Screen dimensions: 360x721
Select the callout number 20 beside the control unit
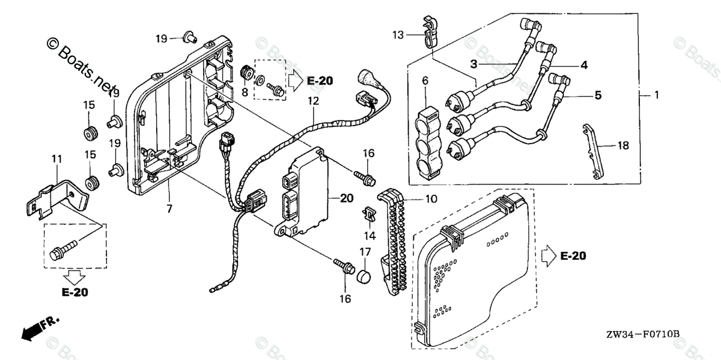point(347,198)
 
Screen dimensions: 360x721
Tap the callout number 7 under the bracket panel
point(169,208)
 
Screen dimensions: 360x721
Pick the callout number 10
point(431,199)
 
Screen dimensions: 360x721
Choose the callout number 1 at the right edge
point(657,95)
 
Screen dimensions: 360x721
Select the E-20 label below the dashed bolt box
point(75,293)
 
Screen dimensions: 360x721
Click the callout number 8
point(245,92)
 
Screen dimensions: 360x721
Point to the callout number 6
point(425,80)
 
